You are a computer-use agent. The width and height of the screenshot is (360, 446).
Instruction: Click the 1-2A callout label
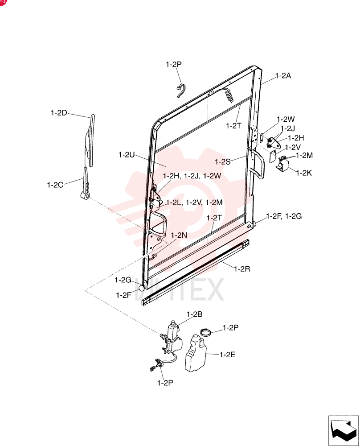[283, 76]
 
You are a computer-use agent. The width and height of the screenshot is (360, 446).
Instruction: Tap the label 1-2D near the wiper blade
[59, 113]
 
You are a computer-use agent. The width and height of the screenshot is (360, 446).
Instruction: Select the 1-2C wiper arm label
[55, 185]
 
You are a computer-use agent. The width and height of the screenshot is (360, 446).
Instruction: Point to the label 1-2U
[127, 155]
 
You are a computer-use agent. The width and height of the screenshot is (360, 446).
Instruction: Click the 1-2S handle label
[222, 162]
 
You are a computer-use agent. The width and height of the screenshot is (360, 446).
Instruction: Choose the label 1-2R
[242, 269]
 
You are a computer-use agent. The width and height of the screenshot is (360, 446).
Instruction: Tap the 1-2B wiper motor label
[194, 314]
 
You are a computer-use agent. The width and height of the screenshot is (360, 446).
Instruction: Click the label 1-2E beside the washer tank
[227, 355]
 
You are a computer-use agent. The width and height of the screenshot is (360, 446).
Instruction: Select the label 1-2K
[304, 173]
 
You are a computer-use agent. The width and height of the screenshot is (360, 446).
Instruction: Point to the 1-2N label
[179, 235]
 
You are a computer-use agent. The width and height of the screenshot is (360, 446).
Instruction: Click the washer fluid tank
[195, 353]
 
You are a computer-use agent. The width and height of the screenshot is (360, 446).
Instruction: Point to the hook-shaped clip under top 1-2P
[181, 91]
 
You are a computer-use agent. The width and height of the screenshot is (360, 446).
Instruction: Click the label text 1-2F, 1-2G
[283, 216]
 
